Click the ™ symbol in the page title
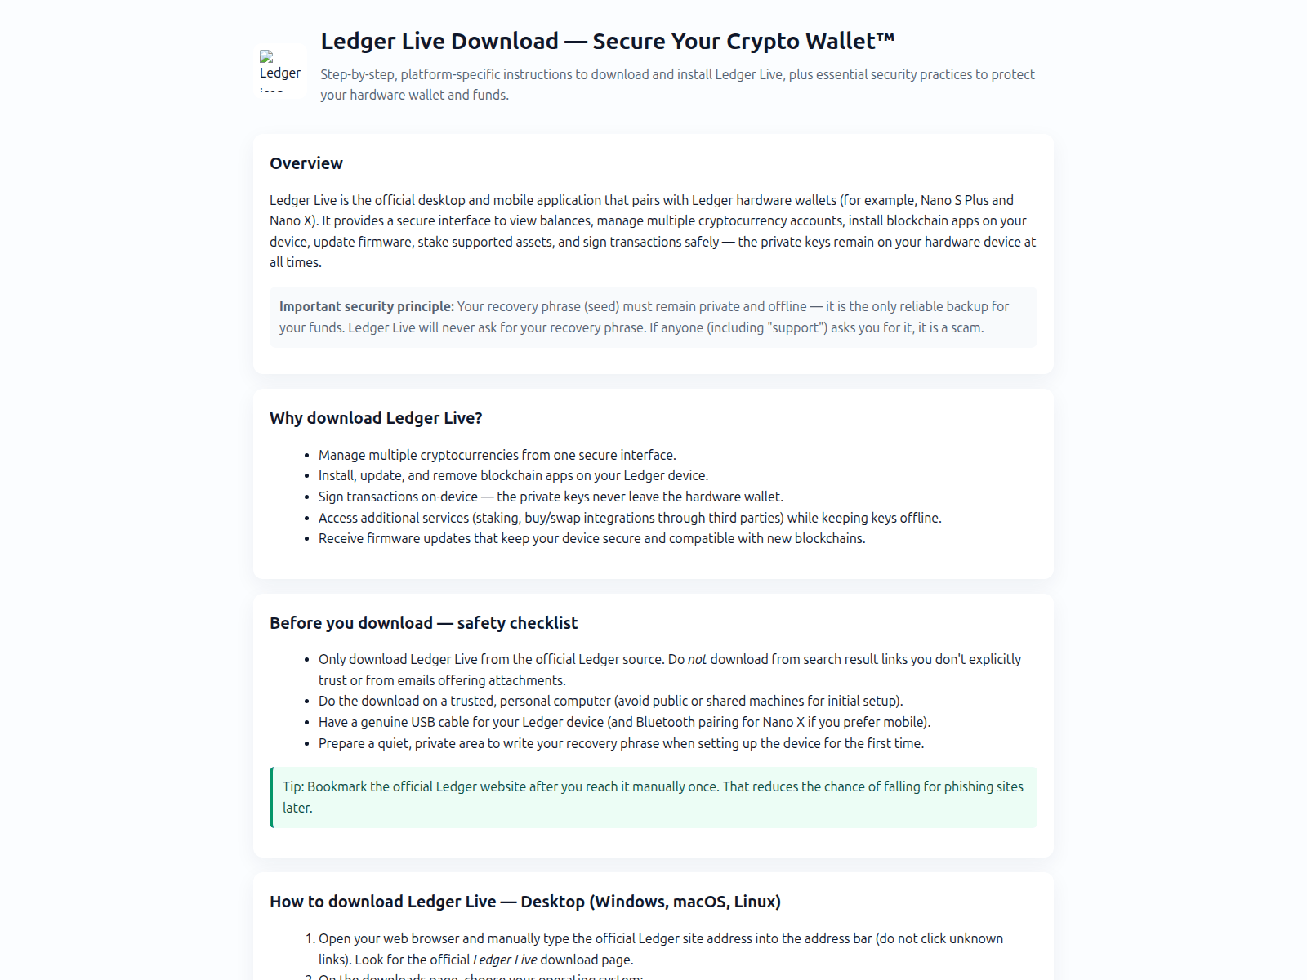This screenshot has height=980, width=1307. (x=885, y=38)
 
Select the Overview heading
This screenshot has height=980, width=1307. (x=306, y=163)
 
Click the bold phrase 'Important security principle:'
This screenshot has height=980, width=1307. (x=366, y=306)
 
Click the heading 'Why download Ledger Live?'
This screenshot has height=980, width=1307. (x=376, y=418)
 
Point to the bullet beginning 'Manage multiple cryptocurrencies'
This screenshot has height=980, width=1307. (x=497, y=455)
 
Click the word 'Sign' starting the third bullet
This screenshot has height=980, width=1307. (x=331, y=497)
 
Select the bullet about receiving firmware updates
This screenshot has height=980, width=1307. (x=591, y=538)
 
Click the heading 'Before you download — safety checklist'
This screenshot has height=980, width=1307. (x=423, y=623)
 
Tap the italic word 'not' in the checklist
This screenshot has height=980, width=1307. (x=697, y=659)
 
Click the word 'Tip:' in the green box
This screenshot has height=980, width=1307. (x=293, y=786)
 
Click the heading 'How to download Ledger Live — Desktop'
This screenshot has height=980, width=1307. (x=524, y=902)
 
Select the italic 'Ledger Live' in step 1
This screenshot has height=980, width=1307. (x=505, y=960)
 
